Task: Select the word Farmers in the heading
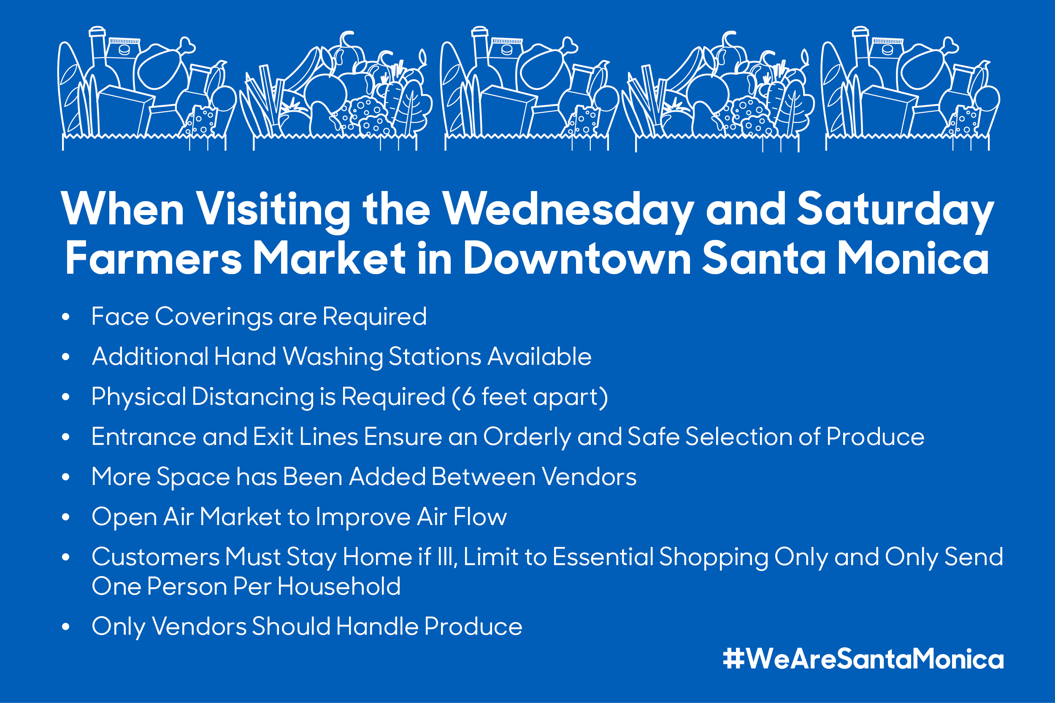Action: pos(154,258)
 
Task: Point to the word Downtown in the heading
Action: pos(577,258)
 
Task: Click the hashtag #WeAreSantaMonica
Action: pos(863,659)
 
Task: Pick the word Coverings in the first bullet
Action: pos(214,318)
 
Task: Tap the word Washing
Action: pos(333,357)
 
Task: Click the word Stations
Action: pos(435,357)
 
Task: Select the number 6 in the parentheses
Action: pos(469,397)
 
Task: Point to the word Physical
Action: pos(138,397)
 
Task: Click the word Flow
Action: pos(480,517)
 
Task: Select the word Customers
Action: pos(156,557)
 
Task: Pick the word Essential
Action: pos(603,557)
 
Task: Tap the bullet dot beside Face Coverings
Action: pos(66,317)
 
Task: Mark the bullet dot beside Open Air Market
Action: pos(66,517)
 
